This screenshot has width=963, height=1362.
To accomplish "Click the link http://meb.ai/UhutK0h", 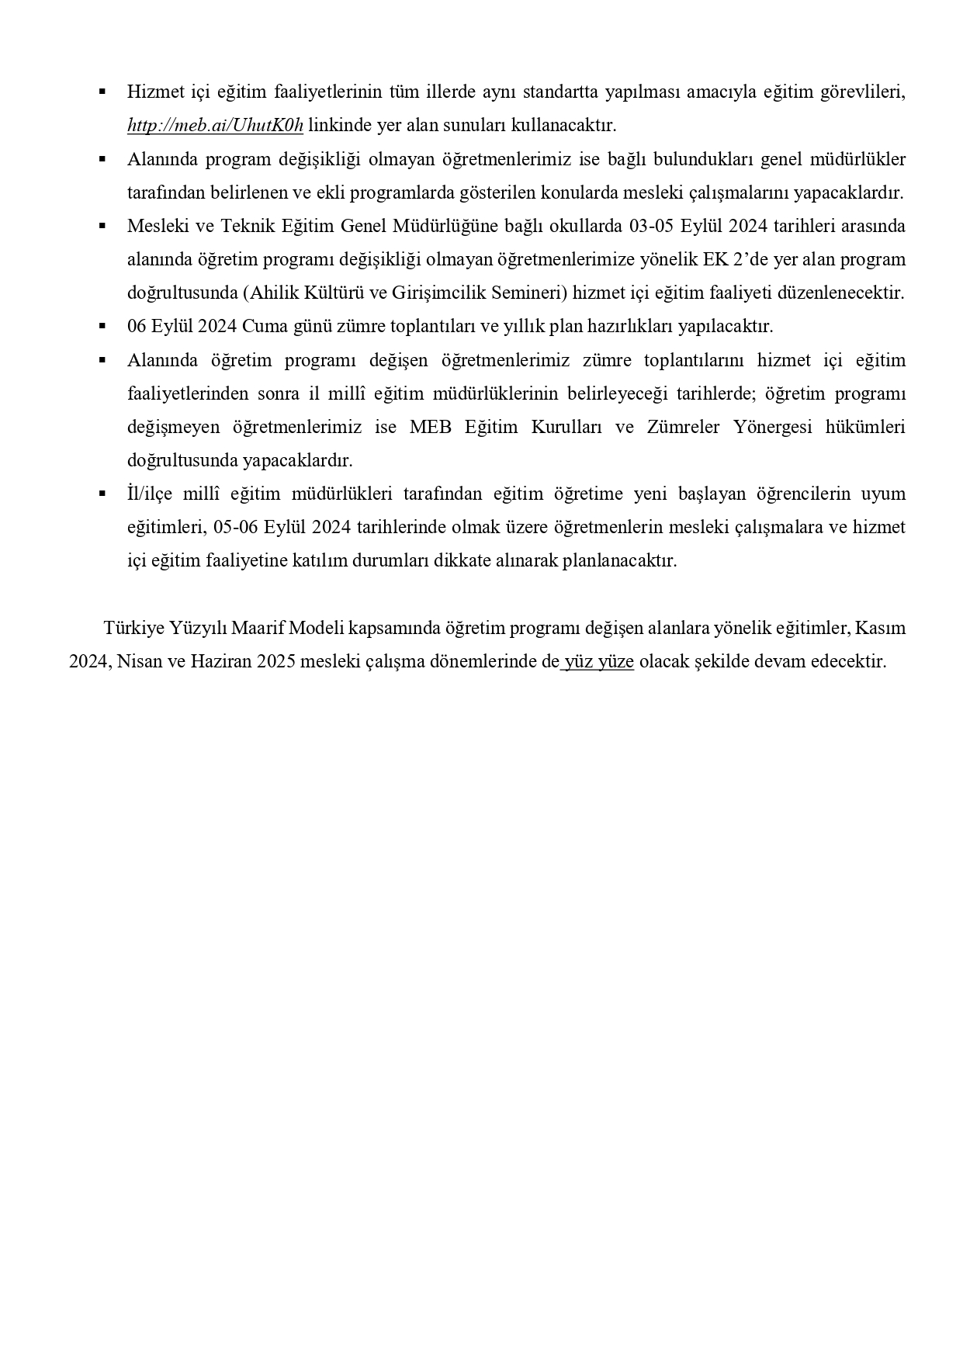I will pos(215,125).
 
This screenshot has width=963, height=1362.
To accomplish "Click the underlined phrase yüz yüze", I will pos(599,661).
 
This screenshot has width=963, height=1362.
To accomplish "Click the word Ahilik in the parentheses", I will pos(272,293).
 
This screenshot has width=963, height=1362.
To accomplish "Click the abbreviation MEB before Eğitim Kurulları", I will pos(430,427).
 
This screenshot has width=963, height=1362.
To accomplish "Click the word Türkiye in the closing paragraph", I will pos(133,627).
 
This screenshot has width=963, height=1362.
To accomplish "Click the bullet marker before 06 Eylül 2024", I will pos(102,326).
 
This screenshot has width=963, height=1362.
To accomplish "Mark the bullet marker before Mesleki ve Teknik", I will pos(102,226).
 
